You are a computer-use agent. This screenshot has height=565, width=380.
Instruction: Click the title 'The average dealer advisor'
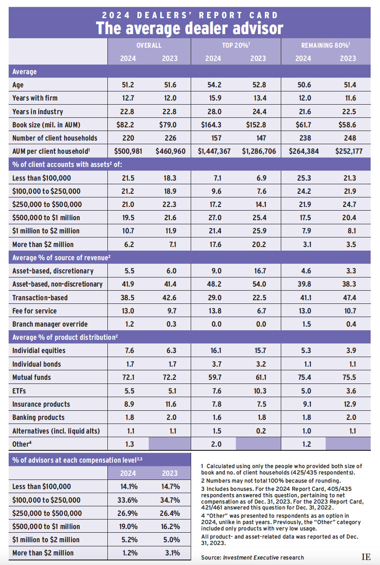pos(189,28)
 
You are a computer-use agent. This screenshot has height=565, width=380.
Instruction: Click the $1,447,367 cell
pos(213,151)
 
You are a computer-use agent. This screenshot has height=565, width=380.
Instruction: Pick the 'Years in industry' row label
pos(38,111)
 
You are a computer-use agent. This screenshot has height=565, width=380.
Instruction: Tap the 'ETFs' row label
pos(21,391)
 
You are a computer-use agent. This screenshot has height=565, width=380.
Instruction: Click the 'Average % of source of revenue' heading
pos(62,257)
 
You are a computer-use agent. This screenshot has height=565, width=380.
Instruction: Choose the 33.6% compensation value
pos(128,500)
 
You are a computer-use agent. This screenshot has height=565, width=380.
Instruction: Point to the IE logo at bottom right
pos(366,557)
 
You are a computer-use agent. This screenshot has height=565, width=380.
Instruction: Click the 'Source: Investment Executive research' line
pos(252,557)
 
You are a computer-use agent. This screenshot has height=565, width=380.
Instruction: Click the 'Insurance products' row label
pos(41,404)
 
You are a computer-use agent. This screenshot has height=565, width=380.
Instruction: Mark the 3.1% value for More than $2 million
pos(170,553)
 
